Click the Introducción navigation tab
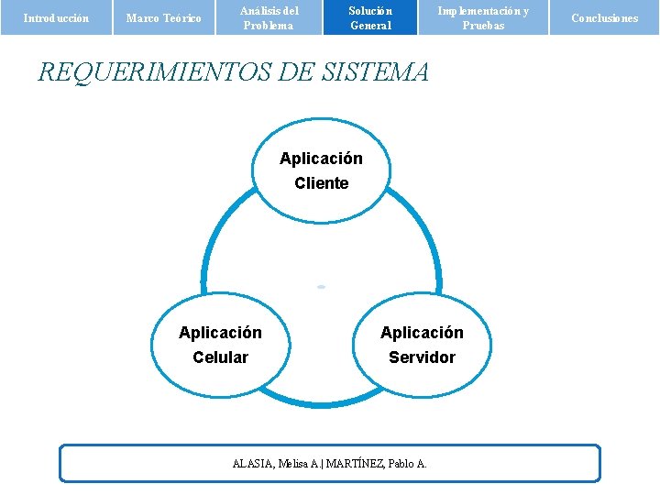point(55,17)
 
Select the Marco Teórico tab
point(163,17)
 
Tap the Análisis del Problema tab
point(269,17)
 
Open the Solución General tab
point(370,17)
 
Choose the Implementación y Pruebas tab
point(482,17)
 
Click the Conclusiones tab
point(604,17)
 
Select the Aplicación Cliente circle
point(321,170)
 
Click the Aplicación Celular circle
point(220,345)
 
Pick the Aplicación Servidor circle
point(422,345)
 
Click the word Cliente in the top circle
point(321,183)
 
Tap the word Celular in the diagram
point(220,357)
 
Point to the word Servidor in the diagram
point(422,357)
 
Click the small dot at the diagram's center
point(321,287)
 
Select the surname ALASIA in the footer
point(252,464)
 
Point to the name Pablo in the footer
point(401,464)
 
